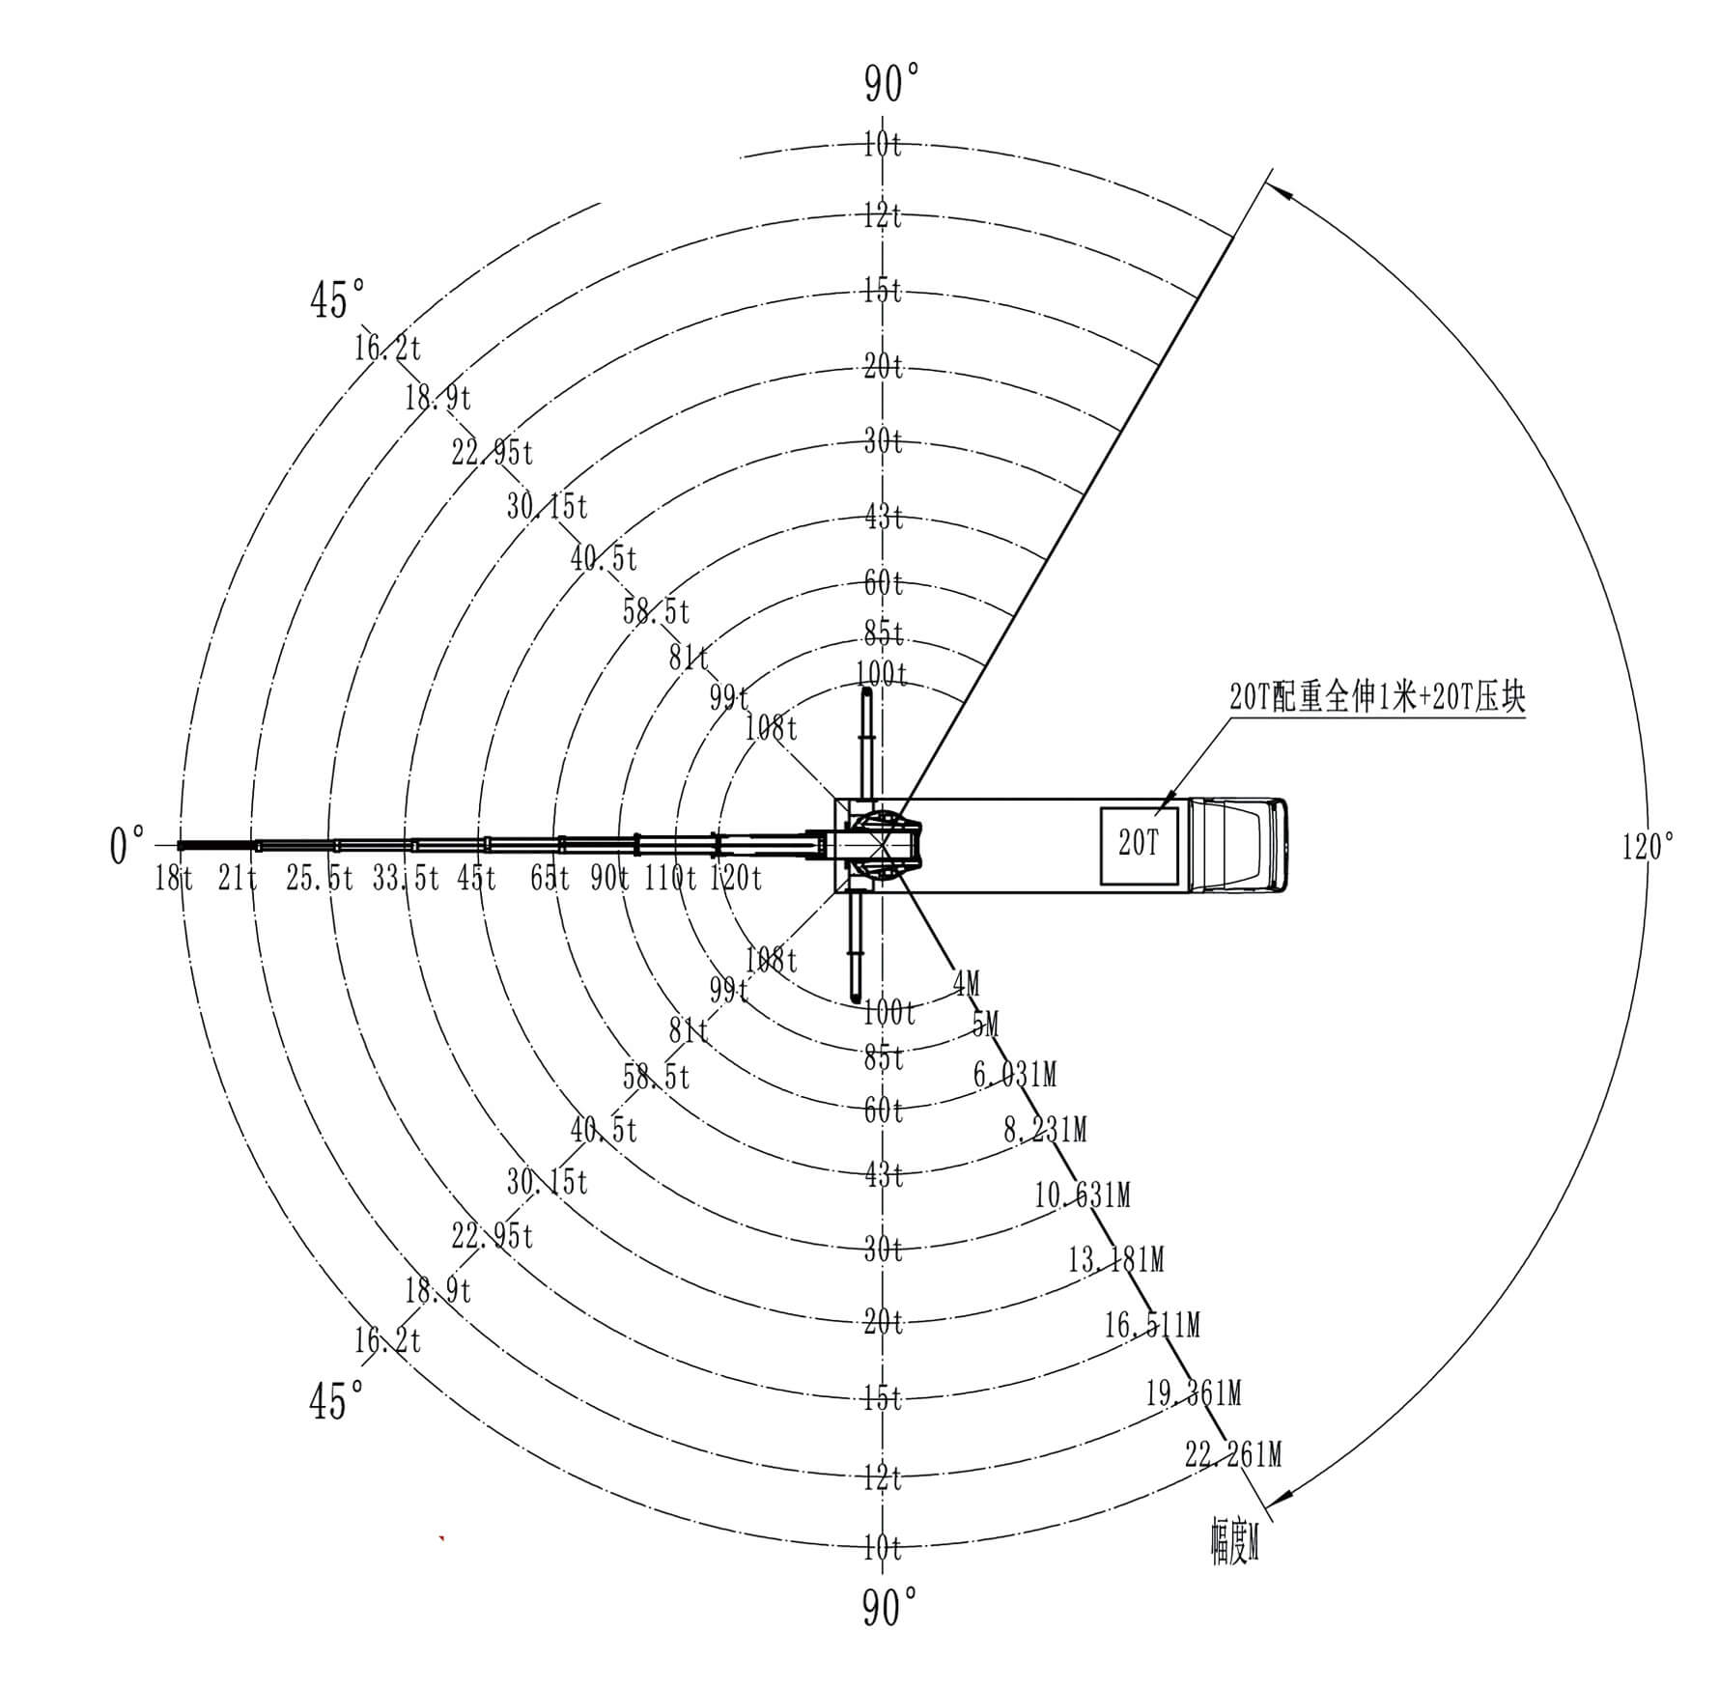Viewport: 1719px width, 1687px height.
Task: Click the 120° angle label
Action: (x=1648, y=847)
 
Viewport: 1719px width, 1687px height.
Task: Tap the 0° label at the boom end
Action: (x=127, y=846)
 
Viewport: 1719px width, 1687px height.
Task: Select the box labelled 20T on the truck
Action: (x=1140, y=844)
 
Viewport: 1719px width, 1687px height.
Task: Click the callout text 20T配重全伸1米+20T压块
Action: (x=1377, y=698)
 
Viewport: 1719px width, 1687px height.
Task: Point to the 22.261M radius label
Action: (x=1233, y=1454)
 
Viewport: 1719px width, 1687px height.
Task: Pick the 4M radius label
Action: (x=966, y=984)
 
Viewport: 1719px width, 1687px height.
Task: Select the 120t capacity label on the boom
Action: (x=736, y=878)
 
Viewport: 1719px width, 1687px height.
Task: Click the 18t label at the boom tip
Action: (x=174, y=879)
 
